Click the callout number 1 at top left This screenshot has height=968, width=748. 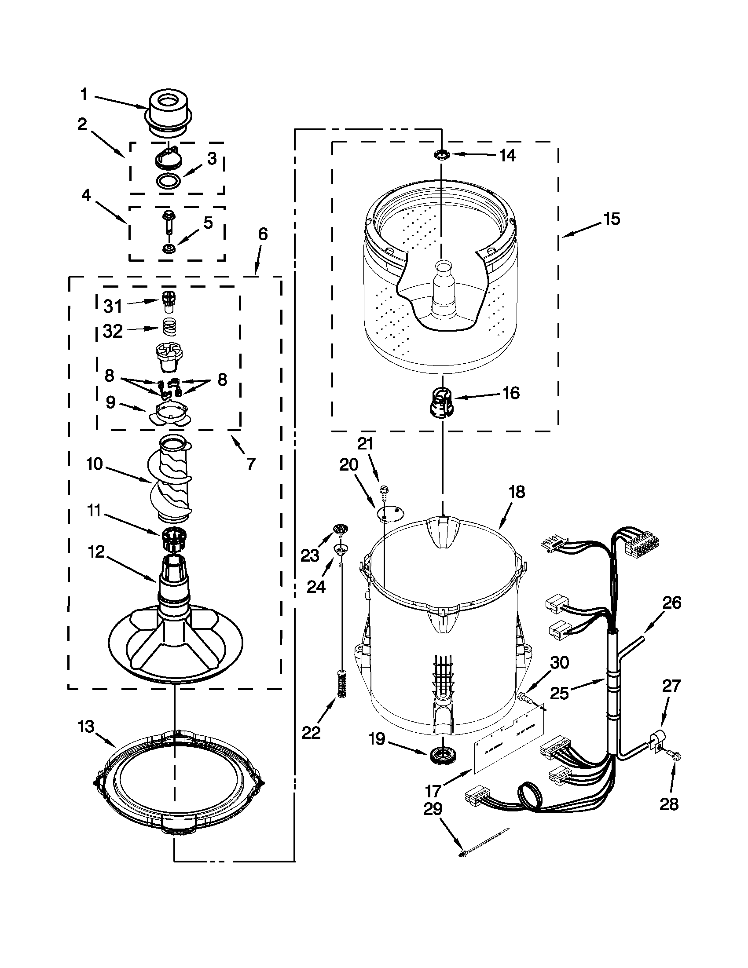pyautogui.click(x=84, y=95)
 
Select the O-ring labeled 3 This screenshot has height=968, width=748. pyautogui.click(x=169, y=181)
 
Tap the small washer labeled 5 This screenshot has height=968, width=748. pyautogui.click(x=169, y=248)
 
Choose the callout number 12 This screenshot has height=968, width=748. pyautogui.click(x=96, y=552)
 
